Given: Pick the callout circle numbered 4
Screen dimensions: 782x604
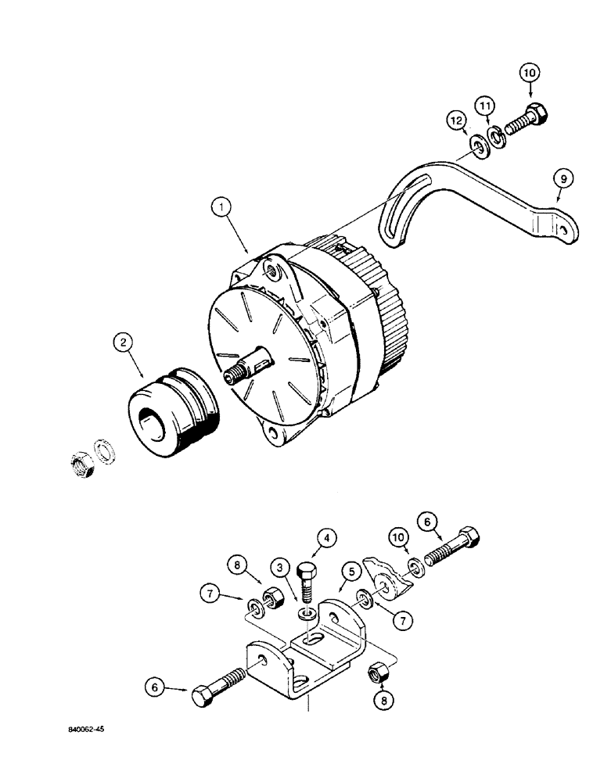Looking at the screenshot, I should (327, 539).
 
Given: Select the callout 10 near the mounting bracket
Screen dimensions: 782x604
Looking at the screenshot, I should (399, 539).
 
